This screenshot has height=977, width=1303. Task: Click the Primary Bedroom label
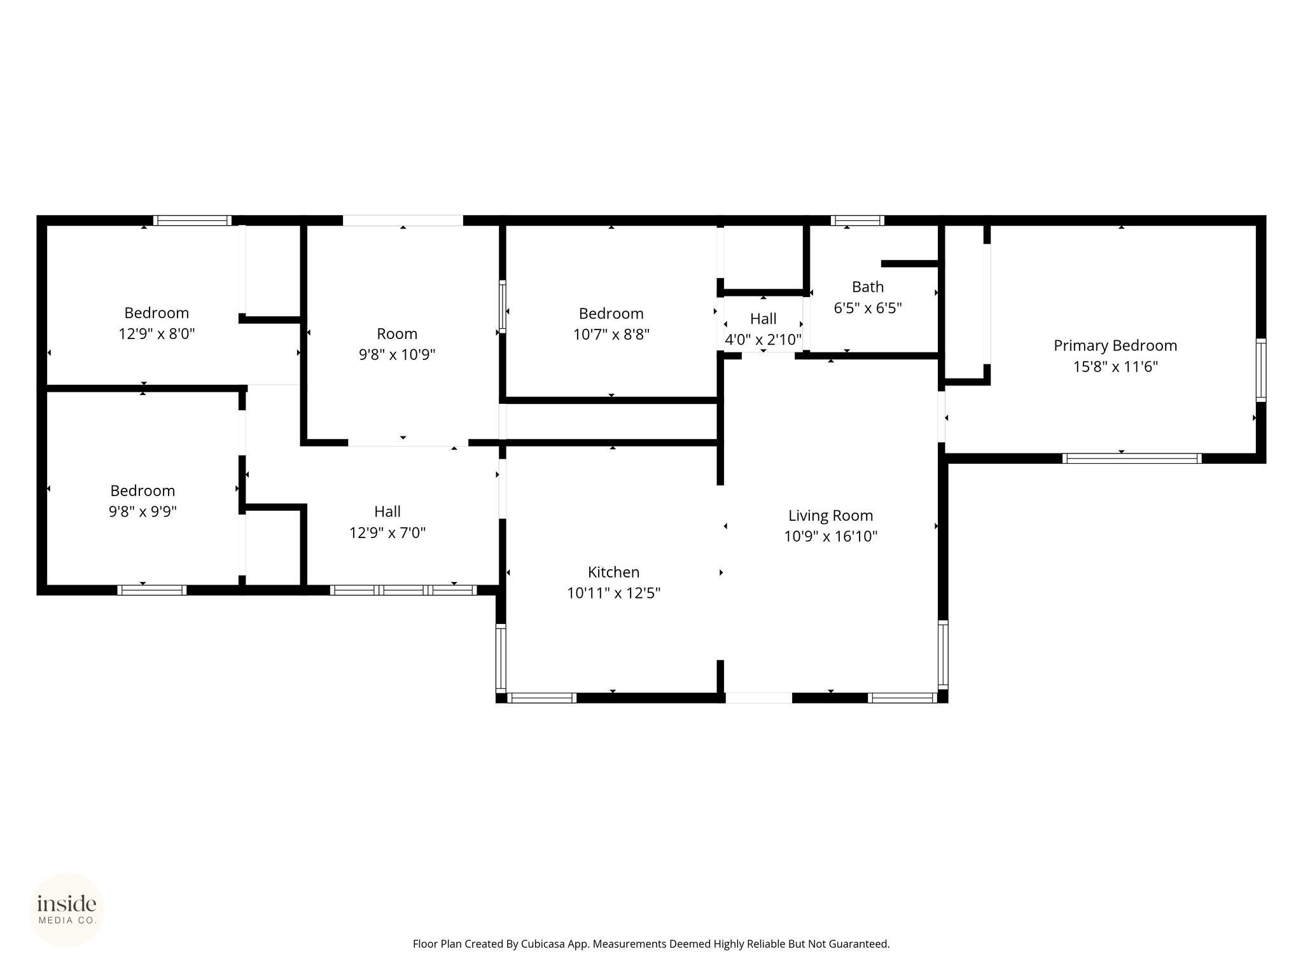(1115, 345)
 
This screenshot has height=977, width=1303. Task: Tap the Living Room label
(830, 515)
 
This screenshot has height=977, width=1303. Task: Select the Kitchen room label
(613, 572)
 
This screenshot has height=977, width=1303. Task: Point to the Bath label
(868, 287)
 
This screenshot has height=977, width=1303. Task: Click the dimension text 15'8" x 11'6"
(1115, 366)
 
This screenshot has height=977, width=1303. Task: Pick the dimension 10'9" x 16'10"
(830, 536)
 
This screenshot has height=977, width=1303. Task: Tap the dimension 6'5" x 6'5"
(868, 308)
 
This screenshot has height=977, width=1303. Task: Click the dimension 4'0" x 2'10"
(763, 339)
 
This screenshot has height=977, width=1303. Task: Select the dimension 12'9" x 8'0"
(157, 333)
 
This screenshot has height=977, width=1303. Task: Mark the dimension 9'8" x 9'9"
(143, 511)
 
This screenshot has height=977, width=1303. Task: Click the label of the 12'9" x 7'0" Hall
(387, 511)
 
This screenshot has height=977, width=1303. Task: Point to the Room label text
(397, 333)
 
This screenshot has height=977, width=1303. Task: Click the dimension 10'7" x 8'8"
(611, 334)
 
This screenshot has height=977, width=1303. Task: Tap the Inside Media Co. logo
(67, 910)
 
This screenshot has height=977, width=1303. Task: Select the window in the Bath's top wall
(858, 221)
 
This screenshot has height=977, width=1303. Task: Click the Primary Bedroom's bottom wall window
(1132, 458)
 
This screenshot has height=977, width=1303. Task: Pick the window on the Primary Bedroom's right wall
(1261, 370)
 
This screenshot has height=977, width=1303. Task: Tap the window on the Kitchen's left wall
(501, 658)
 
